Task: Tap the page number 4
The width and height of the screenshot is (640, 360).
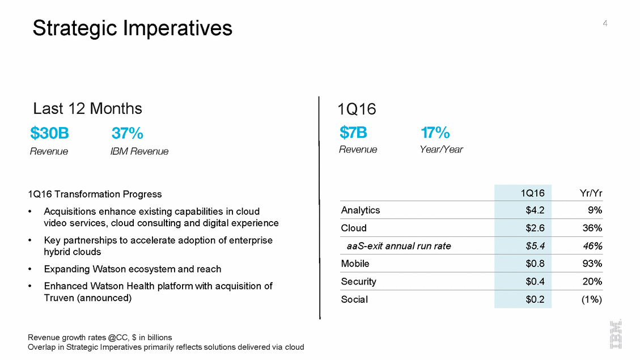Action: click(x=605, y=23)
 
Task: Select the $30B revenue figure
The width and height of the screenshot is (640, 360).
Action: click(x=50, y=134)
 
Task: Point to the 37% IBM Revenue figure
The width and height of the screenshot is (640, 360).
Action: click(x=127, y=134)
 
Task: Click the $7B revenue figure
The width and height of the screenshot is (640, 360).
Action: click(x=353, y=133)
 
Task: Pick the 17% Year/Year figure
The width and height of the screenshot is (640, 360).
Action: click(x=435, y=133)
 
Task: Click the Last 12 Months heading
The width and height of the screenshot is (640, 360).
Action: click(x=87, y=108)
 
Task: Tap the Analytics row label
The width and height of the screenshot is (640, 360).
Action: click(x=361, y=210)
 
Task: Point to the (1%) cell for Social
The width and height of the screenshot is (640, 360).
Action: click(x=592, y=299)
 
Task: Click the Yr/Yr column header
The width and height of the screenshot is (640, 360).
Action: click(x=590, y=193)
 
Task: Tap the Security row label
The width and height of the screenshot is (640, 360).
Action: click(x=358, y=282)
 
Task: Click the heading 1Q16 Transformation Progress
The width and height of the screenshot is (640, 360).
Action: click(x=94, y=194)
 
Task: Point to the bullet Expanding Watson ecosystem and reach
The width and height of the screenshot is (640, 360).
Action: click(x=132, y=269)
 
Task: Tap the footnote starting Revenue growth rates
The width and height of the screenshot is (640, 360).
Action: click(x=99, y=337)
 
